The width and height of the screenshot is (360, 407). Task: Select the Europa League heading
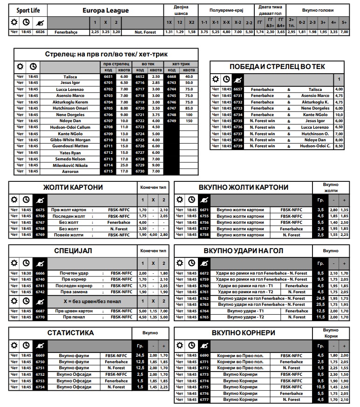pos(106,10)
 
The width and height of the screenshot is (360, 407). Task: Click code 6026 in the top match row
pos(41,32)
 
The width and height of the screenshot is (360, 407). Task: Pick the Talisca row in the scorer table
pos(70,76)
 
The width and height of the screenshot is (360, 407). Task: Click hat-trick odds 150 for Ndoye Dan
pos(189,121)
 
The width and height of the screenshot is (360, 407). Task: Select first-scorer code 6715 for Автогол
pos(109,172)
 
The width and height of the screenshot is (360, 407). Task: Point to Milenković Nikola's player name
pos(70,165)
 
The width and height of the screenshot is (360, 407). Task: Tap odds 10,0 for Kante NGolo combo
pos(339,115)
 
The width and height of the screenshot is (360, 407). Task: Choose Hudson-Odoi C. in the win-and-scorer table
pos(315,146)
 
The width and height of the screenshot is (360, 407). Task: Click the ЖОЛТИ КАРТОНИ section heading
pos(73,187)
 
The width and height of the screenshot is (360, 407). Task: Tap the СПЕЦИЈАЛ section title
pos(73,251)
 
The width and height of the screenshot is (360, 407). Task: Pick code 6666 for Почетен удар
pos(40,273)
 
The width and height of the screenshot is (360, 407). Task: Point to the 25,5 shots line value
pos(320,304)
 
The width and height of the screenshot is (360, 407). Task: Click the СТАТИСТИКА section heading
pos(70,333)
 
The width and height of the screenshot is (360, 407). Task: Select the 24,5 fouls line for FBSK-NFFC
pos(140,355)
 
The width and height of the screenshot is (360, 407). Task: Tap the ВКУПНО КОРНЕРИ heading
pos(243,333)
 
